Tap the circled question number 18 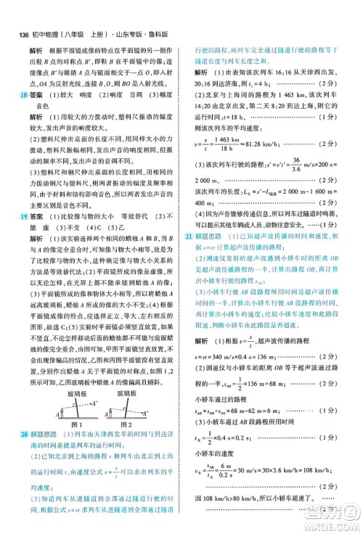(x=25, y=94)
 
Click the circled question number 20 (x=25, y=434)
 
